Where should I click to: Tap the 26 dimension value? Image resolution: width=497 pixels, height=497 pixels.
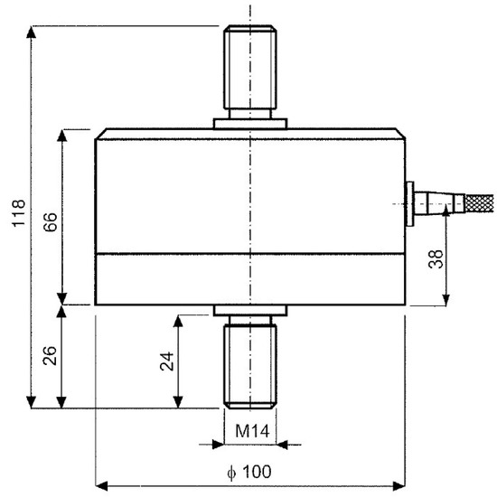[51, 357]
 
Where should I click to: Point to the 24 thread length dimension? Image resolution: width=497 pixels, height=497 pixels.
[166, 361]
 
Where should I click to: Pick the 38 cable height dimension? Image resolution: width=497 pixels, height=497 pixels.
[436, 260]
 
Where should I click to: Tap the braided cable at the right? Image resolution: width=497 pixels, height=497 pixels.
[475, 202]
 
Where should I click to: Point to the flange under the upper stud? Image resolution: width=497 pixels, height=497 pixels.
[248, 122]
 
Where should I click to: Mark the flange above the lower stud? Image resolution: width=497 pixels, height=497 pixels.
[248, 311]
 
